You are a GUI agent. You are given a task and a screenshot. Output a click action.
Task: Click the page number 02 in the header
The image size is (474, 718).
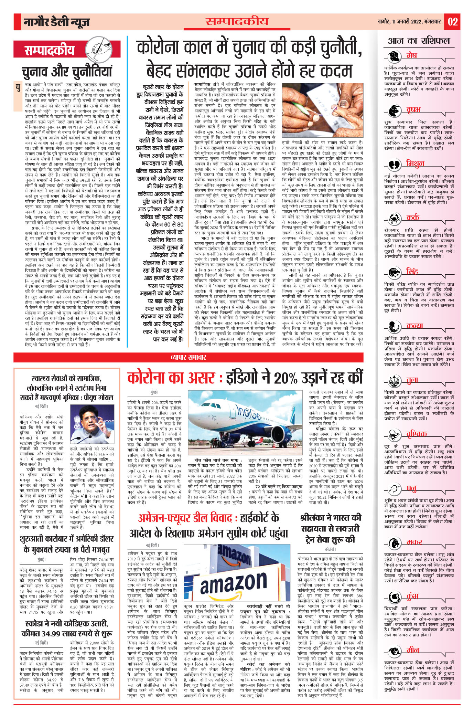452,22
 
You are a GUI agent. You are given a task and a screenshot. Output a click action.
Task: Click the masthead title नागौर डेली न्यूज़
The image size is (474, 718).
57,22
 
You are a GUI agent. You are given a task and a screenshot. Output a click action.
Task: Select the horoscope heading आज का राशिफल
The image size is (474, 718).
419,41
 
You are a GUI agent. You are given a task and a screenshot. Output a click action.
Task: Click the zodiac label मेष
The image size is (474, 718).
411,55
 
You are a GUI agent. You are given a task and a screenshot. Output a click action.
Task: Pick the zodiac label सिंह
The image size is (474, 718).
412,272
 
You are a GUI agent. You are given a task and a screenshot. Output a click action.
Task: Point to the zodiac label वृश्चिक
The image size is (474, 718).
416,434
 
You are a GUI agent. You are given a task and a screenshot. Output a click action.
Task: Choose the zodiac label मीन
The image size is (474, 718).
412,650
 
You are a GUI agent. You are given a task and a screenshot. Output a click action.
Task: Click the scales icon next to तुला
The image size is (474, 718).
394,381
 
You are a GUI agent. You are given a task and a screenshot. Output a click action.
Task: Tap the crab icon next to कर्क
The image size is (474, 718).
394,218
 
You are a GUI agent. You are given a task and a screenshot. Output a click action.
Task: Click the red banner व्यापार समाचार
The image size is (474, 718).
188,357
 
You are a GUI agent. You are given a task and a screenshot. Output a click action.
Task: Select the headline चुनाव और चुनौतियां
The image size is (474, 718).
67,72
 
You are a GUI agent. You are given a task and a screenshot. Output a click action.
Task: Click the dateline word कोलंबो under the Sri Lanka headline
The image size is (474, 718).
330,549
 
